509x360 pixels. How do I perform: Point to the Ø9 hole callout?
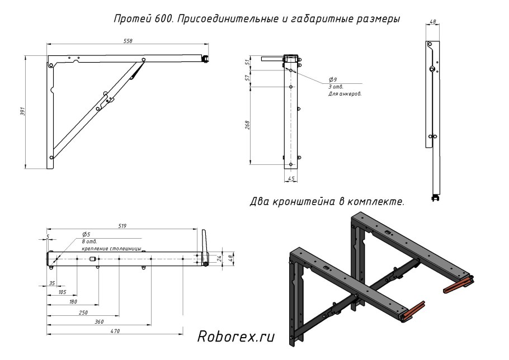coord(333,80)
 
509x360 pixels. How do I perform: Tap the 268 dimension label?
coord(247,125)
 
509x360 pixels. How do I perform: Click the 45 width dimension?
coord(291,179)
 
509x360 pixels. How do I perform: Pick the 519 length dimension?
coord(122,226)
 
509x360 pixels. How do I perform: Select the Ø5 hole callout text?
coord(86,234)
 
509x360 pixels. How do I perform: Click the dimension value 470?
coord(115,331)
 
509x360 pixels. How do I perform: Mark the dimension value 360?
coord(99,321)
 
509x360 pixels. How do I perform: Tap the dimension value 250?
coord(83,312)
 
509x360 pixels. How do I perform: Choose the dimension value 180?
coord(73,302)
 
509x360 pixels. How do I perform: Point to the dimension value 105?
coord(62,292)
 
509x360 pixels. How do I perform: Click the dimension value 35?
coord(52,283)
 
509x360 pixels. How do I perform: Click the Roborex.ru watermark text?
coord(237,337)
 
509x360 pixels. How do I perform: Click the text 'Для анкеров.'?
coord(345,94)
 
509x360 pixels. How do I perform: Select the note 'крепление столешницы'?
coord(111,248)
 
